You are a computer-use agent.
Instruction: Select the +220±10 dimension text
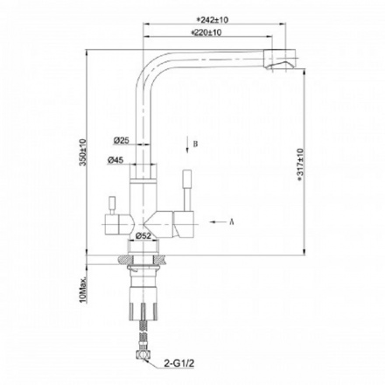206,32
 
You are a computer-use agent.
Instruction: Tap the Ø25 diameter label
121,140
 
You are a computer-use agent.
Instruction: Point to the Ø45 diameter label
121,160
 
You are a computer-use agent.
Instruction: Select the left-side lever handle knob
110,202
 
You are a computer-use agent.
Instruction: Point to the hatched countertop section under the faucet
160,259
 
